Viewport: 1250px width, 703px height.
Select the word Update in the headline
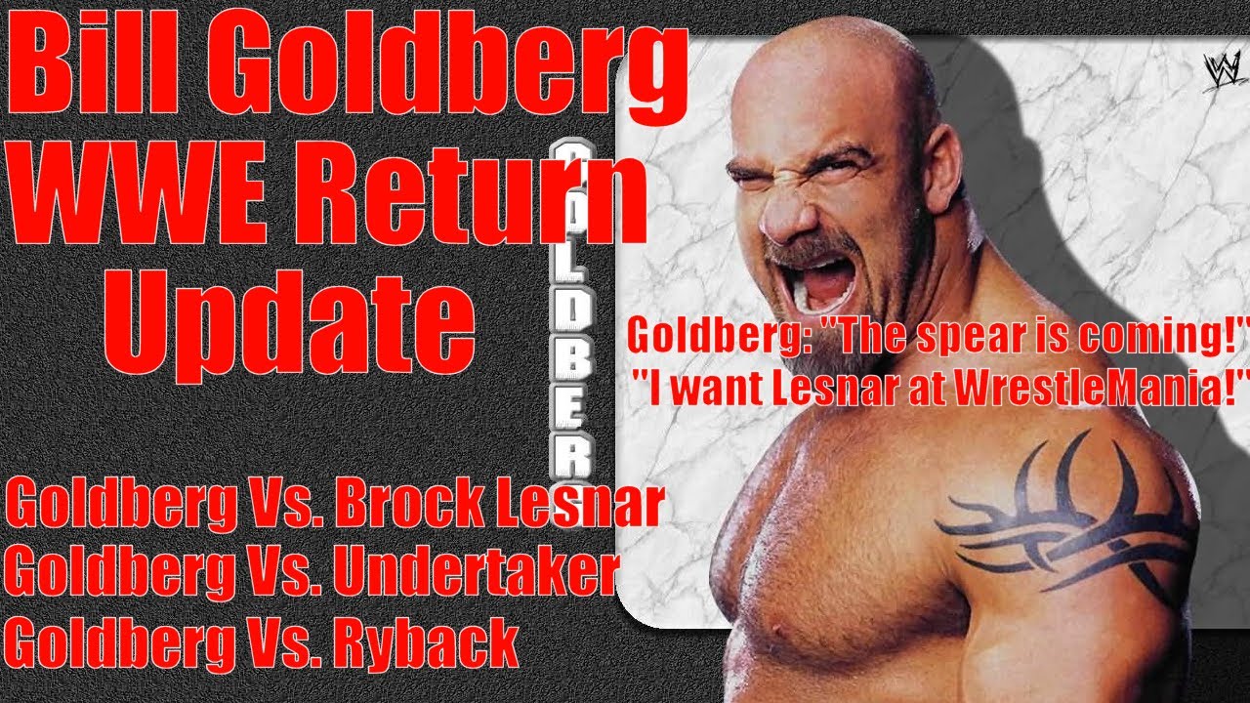pyautogui.click(x=290, y=323)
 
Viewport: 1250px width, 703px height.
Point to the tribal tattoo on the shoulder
pyautogui.click(x=1061, y=514)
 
